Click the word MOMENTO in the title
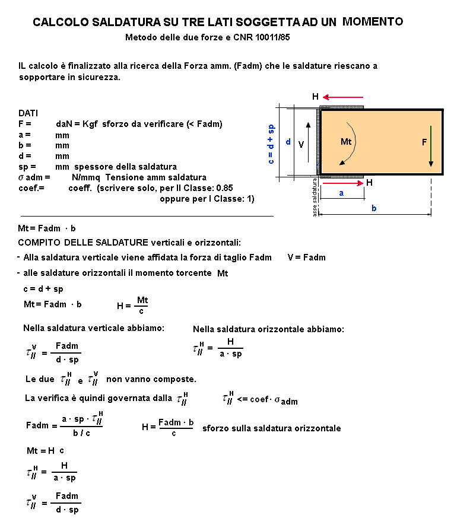(373, 22)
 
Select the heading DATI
(28, 113)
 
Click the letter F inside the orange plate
(424, 142)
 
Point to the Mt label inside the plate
(346, 142)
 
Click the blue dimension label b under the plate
(374, 209)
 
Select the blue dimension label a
(341, 193)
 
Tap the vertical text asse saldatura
(315, 199)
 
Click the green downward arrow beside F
(431, 146)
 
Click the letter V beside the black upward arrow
(301, 144)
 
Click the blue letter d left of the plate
(288, 142)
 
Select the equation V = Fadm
(306, 257)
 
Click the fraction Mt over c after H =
(142, 306)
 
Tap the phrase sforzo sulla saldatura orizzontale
(271, 428)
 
